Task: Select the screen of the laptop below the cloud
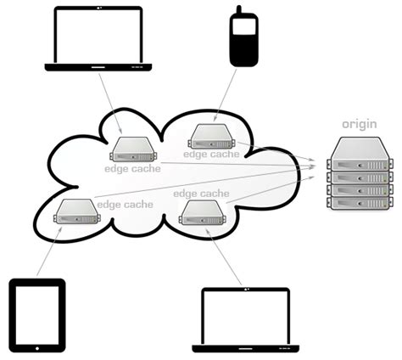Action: (245, 315)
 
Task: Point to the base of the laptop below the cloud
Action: (245, 347)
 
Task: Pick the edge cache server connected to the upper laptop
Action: (133, 149)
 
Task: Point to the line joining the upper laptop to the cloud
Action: (111, 102)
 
